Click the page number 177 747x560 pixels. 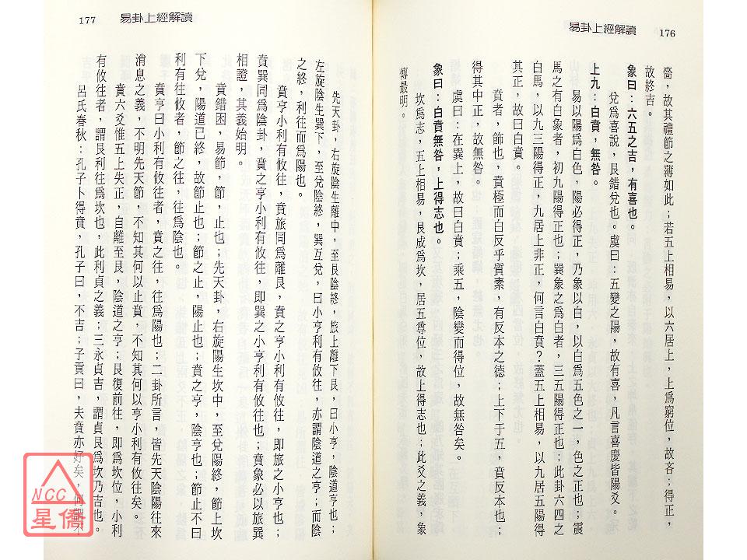coord(86,21)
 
